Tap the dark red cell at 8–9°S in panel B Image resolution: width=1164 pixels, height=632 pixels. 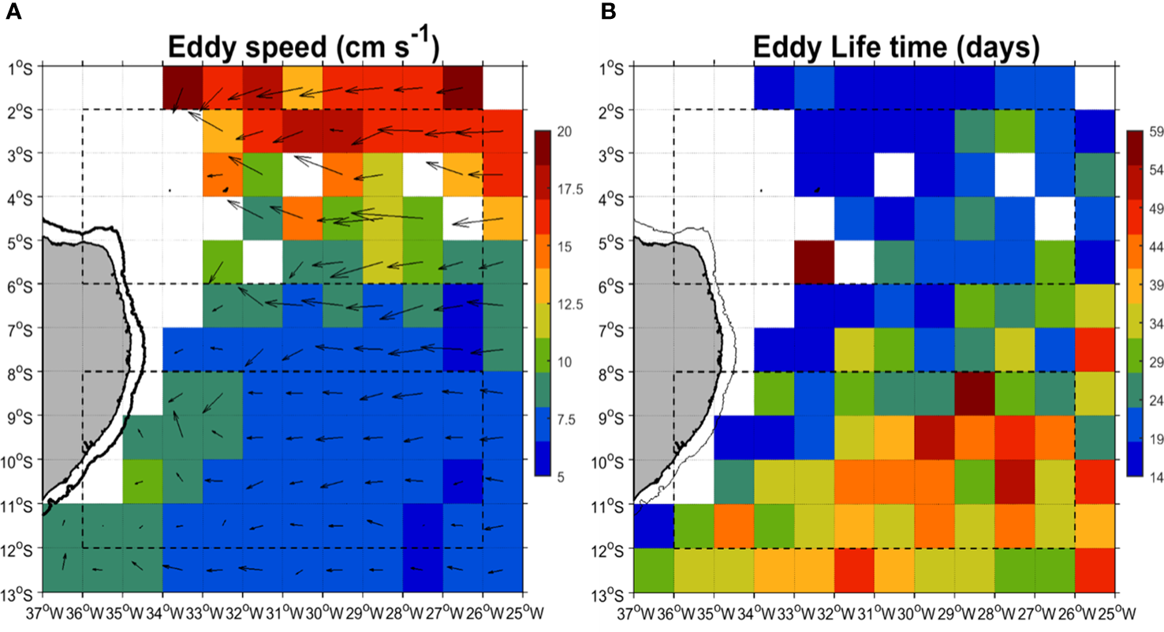pos(975,393)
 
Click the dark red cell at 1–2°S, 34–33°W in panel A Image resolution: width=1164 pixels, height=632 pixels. pos(183,88)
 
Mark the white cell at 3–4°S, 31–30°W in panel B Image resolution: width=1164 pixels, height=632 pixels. pos(894,174)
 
